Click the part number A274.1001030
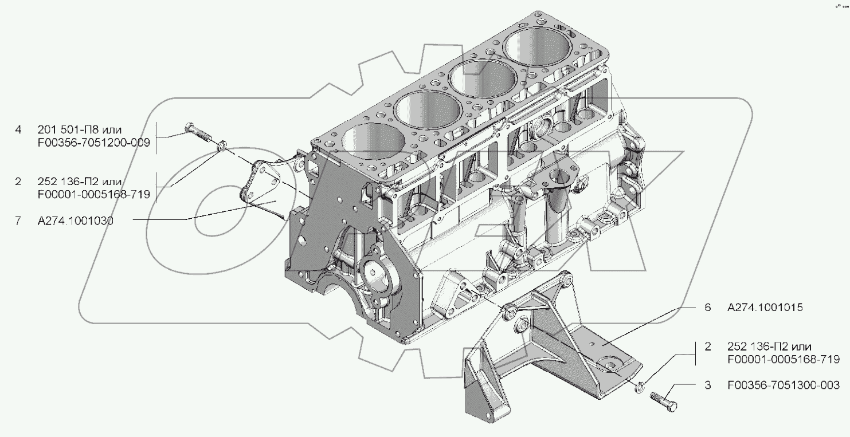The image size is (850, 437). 75,221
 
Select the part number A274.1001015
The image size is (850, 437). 765,307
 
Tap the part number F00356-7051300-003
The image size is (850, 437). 784,385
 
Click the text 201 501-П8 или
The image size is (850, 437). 80,130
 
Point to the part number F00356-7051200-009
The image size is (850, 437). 94,143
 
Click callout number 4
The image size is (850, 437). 18,130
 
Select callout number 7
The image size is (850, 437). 18,221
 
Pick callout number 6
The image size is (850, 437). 707,307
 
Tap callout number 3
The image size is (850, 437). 707,385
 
